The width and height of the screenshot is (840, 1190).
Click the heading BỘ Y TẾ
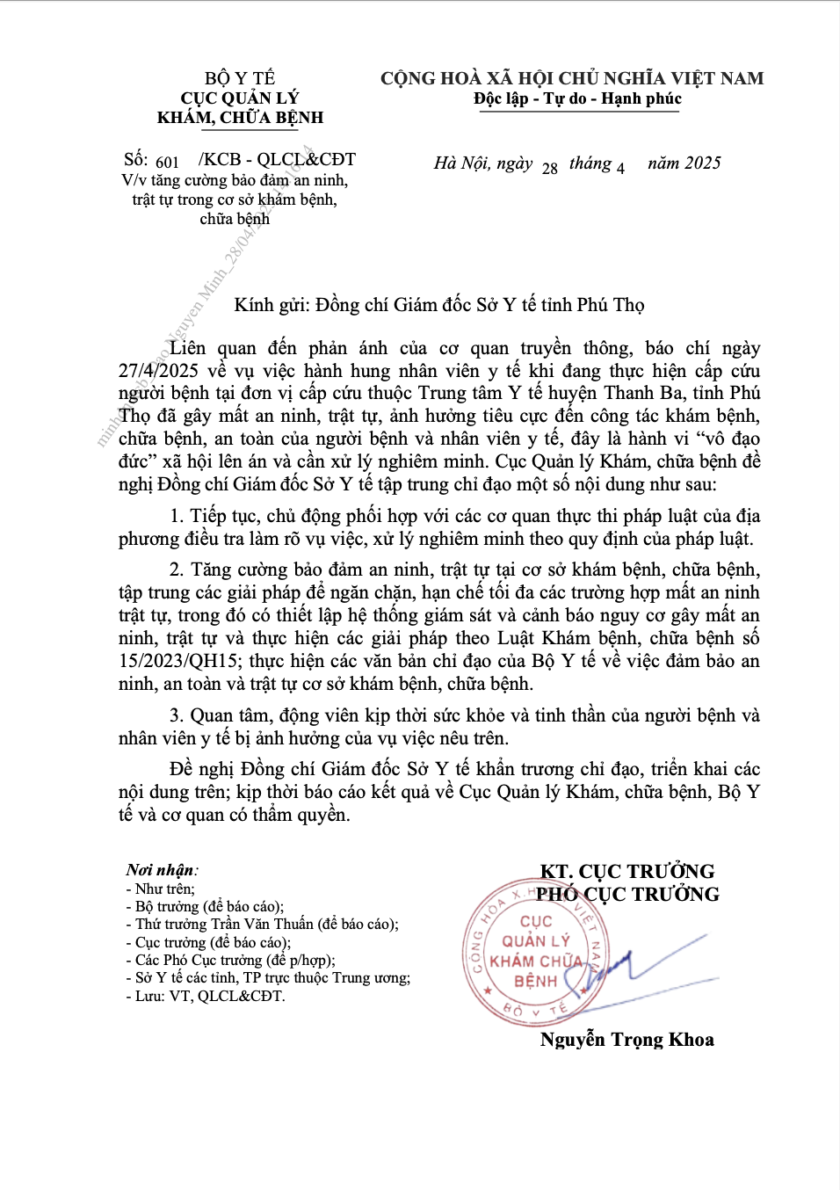click(x=240, y=78)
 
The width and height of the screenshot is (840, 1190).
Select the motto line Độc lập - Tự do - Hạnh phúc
click(x=577, y=98)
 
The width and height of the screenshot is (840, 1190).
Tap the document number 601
click(x=167, y=163)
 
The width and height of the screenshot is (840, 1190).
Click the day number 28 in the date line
click(x=550, y=169)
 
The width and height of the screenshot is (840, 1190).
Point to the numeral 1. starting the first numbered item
click(x=177, y=517)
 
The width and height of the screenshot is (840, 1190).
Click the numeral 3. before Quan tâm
click(x=177, y=716)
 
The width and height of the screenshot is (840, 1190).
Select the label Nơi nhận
click(x=161, y=870)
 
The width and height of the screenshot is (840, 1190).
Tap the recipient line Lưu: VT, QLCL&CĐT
click(x=210, y=997)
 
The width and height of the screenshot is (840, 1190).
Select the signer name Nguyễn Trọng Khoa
click(x=626, y=1040)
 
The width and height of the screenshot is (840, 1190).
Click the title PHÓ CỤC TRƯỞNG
click(x=628, y=895)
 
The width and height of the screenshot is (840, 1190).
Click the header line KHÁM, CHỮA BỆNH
click(x=240, y=118)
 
